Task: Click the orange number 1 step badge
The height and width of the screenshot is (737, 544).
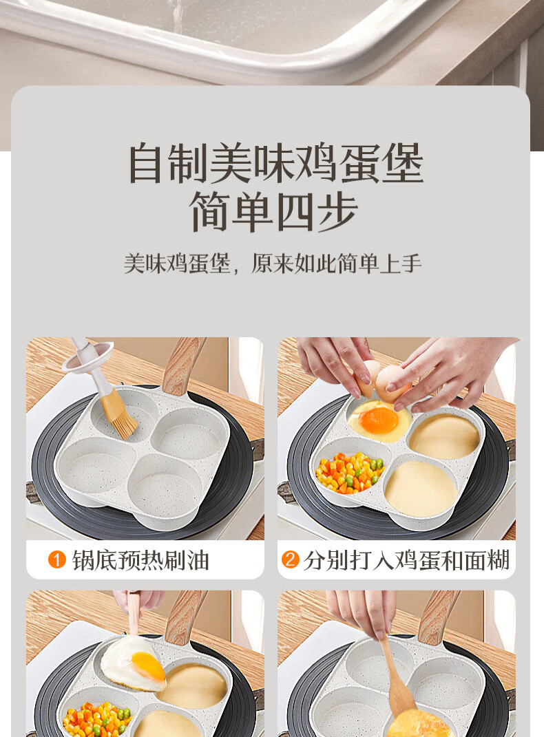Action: (x=57, y=559)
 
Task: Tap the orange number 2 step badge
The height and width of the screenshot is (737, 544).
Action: (x=290, y=559)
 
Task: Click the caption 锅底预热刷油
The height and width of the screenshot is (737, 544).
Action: (x=140, y=560)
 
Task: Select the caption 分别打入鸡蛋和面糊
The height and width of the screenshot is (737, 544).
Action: (x=406, y=560)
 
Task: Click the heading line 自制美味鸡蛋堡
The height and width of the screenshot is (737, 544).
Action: (x=276, y=163)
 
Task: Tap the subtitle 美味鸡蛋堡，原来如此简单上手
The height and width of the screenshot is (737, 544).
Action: (x=272, y=263)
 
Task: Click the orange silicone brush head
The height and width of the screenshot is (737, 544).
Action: (x=119, y=414)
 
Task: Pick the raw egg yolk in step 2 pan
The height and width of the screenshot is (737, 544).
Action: (x=379, y=420)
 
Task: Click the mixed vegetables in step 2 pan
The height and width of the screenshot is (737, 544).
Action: (x=349, y=472)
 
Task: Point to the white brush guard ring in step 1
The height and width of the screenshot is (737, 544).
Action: (x=88, y=357)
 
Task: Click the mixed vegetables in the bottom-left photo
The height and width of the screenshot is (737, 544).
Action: (x=97, y=719)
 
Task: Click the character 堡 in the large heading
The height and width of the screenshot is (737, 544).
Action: (x=402, y=163)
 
